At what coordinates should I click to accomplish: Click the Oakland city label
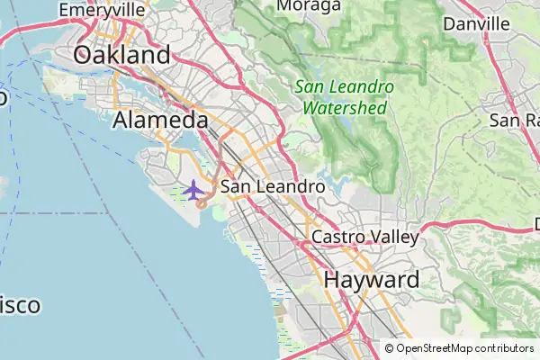click(x=121, y=55)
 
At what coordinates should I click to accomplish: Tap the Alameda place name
click(x=161, y=121)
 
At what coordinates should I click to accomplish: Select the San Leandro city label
click(x=273, y=187)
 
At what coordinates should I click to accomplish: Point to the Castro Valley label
click(x=365, y=238)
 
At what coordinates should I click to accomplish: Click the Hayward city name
click(x=371, y=279)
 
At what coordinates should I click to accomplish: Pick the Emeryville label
click(x=102, y=9)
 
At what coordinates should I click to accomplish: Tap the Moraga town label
click(x=309, y=6)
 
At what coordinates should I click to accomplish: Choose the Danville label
click(x=477, y=23)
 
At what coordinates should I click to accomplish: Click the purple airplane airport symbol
click(x=193, y=190)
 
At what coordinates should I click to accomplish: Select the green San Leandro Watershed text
click(x=345, y=97)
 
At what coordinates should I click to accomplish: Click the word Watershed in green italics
click(x=345, y=108)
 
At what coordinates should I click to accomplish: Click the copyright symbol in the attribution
click(x=390, y=348)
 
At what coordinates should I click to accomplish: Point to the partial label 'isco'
click(x=20, y=305)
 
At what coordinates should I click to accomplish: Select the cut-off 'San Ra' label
click(x=514, y=120)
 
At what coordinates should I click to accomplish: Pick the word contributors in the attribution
click(x=504, y=348)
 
